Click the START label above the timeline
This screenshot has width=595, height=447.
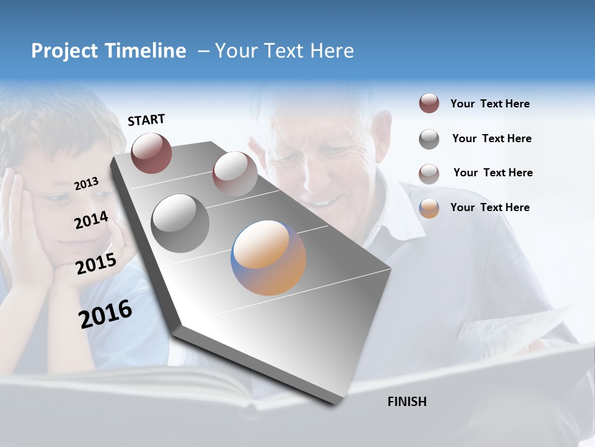[x=146, y=119]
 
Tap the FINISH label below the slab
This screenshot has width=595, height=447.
[x=407, y=402]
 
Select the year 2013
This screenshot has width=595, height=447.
[x=86, y=183]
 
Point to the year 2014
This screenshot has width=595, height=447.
[x=91, y=220]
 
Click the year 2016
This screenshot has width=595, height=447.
[x=105, y=314]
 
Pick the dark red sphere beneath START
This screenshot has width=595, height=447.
[x=151, y=153]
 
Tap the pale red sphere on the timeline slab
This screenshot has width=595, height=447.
[x=235, y=174]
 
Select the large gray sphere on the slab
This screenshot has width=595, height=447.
[x=180, y=223]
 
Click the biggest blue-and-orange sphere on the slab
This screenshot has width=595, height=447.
[x=268, y=258]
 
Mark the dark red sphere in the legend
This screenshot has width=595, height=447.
[x=429, y=104]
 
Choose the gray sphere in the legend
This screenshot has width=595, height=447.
[x=429, y=139]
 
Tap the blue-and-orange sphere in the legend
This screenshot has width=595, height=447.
[x=429, y=208]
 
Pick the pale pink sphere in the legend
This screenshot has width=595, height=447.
[x=429, y=174]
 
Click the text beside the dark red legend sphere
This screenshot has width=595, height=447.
[x=490, y=104]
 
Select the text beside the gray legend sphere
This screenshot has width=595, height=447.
[x=491, y=138]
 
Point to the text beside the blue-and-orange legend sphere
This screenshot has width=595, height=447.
[x=490, y=207]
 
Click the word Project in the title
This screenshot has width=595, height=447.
[x=65, y=51]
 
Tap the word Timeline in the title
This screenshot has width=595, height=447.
[x=146, y=51]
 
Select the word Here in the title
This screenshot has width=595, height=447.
[x=332, y=51]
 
